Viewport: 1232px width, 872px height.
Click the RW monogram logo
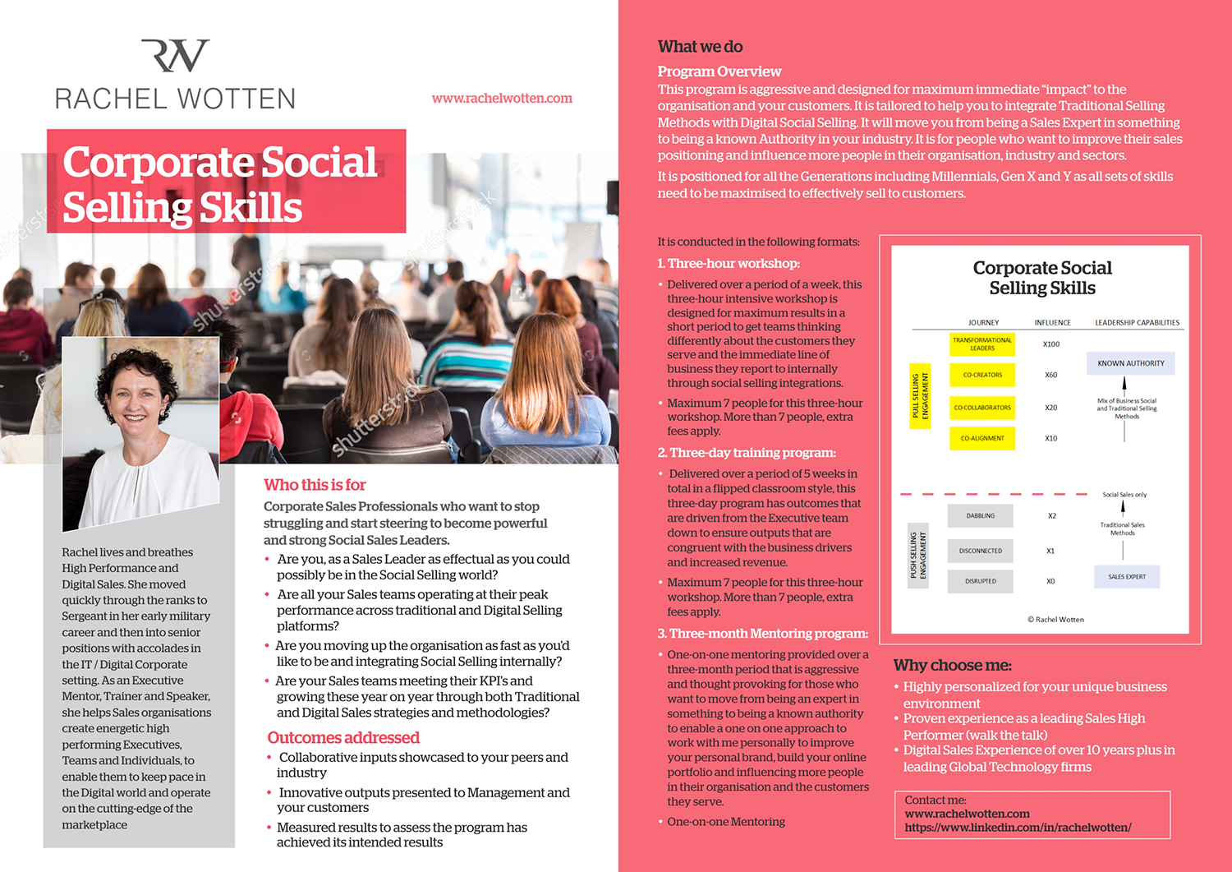(x=175, y=56)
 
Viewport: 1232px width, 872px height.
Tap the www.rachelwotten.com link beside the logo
(x=502, y=99)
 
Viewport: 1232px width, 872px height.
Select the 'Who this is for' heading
(x=315, y=485)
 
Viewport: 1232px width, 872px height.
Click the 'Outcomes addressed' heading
(x=343, y=738)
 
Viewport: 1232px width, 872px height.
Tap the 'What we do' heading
(x=700, y=47)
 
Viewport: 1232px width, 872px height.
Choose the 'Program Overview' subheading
(x=719, y=72)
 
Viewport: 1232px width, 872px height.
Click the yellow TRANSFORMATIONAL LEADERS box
(x=982, y=344)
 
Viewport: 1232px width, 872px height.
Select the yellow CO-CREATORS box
(x=982, y=375)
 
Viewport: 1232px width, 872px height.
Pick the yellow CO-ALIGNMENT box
(x=982, y=438)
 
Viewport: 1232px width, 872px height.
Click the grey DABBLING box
(x=980, y=516)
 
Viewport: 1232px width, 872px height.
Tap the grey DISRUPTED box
(x=980, y=581)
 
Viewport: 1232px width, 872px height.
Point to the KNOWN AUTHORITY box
(x=1131, y=363)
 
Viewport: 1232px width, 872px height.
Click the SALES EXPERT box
(x=1127, y=577)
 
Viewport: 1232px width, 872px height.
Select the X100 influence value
(x=1051, y=344)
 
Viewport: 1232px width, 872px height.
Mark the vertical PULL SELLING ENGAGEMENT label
(x=920, y=396)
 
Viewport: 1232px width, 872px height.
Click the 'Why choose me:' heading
(x=953, y=666)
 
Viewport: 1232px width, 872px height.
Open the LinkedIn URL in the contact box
(x=1018, y=828)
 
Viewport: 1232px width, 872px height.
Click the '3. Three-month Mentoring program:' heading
(x=762, y=634)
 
